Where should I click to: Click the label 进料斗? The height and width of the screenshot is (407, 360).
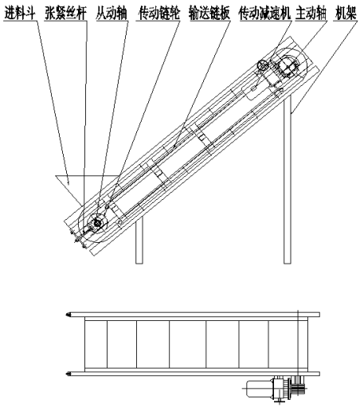coord(20,14)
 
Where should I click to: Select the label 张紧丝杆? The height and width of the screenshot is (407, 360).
coord(65,14)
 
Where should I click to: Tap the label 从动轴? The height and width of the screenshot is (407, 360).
coord(112,14)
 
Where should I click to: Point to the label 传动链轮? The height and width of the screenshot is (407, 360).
coord(159,14)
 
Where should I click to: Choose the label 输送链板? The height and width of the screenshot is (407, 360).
coord(209,14)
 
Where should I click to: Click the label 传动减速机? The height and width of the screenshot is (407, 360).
coord(264,14)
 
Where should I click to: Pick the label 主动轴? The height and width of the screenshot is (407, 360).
coord(311,14)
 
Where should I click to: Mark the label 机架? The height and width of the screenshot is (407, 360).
coord(346,14)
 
